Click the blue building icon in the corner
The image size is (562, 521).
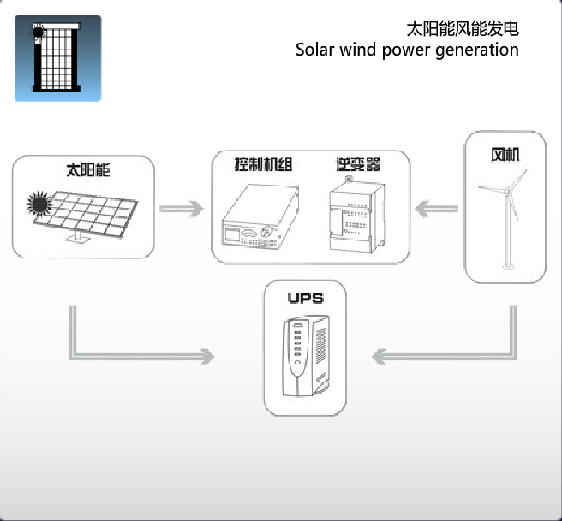[57, 58]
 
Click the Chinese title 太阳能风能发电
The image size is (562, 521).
[462, 28]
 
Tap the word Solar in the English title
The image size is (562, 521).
[314, 50]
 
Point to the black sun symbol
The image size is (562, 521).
[38, 204]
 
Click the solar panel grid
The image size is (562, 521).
[90, 210]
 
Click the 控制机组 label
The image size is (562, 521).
[263, 163]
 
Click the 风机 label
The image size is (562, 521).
[505, 156]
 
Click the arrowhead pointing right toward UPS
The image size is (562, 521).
[203, 353]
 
